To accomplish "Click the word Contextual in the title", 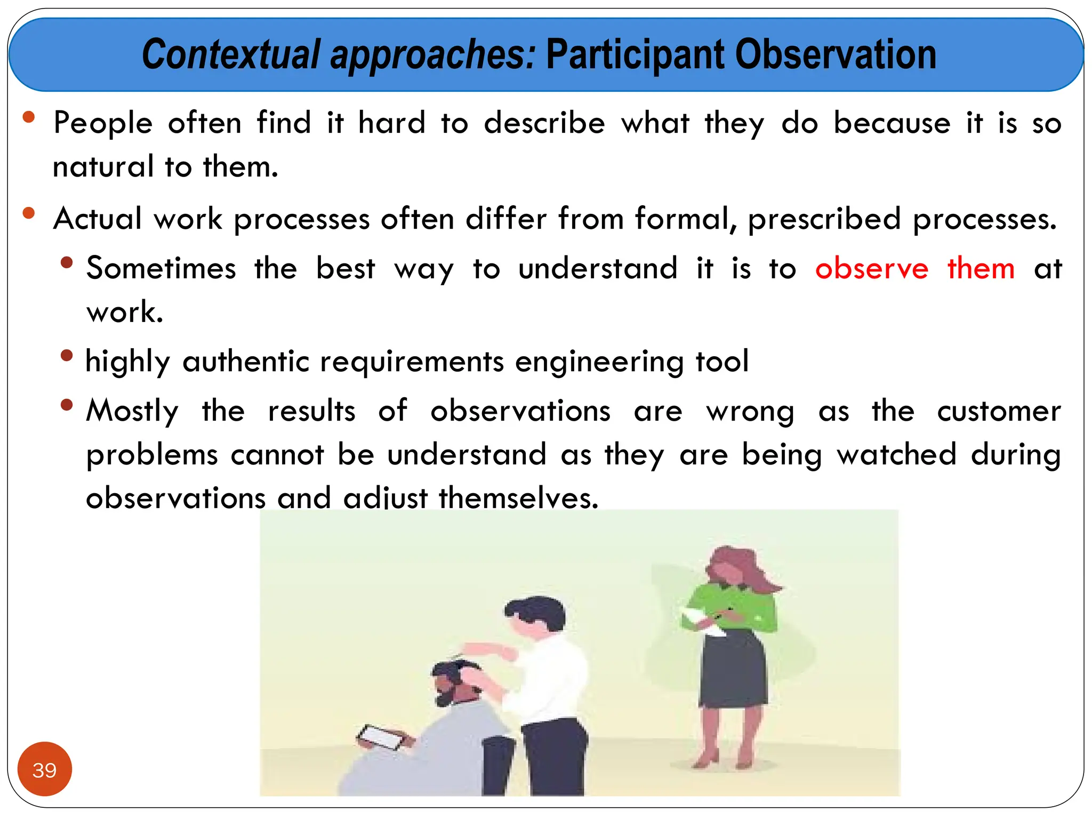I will (230, 55).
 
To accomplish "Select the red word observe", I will (871, 268).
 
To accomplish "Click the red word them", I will (981, 268).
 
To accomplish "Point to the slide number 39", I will (44, 770).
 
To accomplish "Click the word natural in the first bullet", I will (103, 167).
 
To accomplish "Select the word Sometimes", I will (161, 268).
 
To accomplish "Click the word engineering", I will (599, 362).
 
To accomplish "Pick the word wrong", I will (750, 412).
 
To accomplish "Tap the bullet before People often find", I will (29, 117).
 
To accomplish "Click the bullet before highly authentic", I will (67, 356).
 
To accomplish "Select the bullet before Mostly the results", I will (67, 405).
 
